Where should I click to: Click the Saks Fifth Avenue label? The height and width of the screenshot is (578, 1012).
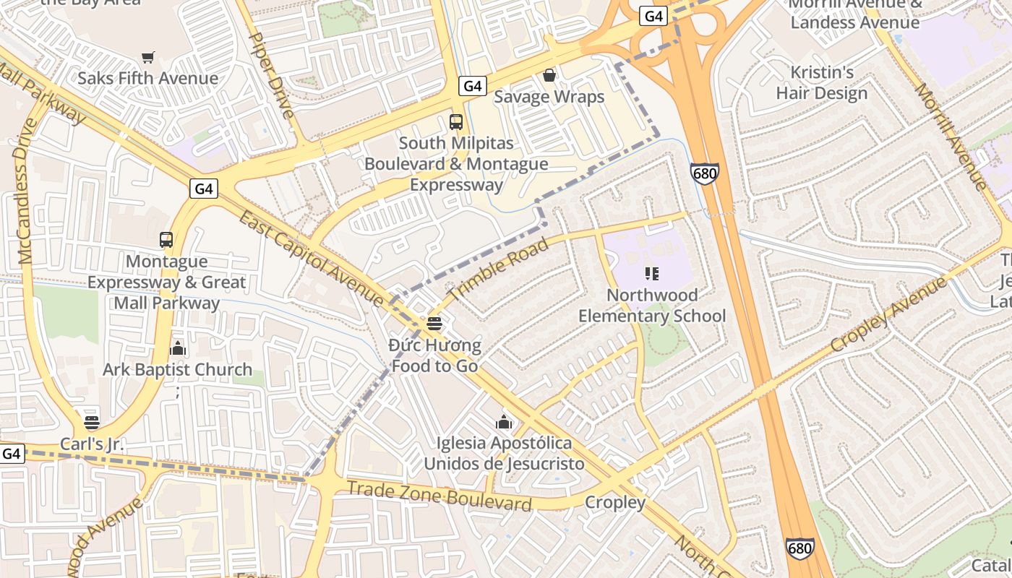coord(147,78)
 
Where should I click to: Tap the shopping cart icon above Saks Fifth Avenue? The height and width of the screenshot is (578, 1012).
coord(148,57)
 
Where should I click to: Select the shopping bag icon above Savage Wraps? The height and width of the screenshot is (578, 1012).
coord(549,75)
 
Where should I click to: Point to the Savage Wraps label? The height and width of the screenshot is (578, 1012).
coord(549,97)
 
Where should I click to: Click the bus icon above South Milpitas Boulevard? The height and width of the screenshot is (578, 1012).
coord(456,122)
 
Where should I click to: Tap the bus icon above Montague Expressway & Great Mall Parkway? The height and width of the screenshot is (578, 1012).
coord(166,240)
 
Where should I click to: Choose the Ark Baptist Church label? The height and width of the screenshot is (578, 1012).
coord(178,370)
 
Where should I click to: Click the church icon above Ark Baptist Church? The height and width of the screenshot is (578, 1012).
coord(178,349)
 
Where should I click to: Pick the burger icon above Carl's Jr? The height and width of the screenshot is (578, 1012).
coord(91,423)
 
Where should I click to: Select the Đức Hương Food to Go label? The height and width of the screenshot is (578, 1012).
coord(434,355)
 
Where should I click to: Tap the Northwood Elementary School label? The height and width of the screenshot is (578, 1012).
coord(652,306)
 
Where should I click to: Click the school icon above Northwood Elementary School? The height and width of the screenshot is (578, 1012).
coord(652,274)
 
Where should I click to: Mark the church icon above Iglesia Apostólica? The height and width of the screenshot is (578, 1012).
coord(504,422)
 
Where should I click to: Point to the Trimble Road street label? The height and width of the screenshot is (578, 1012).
coord(498,272)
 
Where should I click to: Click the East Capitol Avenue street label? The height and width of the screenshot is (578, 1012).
coord(312,258)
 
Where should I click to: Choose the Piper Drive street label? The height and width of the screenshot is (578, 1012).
coord(272,76)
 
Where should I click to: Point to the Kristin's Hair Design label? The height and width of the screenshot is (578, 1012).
coord(822,83)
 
